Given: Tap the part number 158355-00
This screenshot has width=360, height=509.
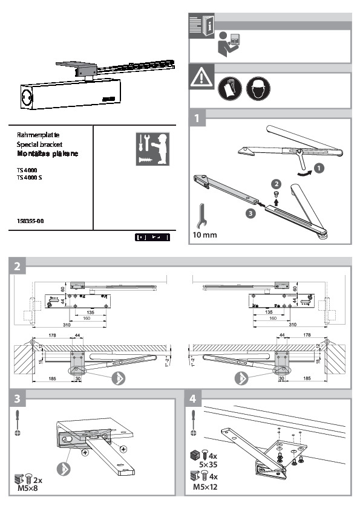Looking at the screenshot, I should point(30,221).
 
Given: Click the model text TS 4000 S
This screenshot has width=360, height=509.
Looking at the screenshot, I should point(31,178).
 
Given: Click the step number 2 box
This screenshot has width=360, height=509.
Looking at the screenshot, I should point(19,265).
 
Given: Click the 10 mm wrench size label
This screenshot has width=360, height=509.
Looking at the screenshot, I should point(205,233).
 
